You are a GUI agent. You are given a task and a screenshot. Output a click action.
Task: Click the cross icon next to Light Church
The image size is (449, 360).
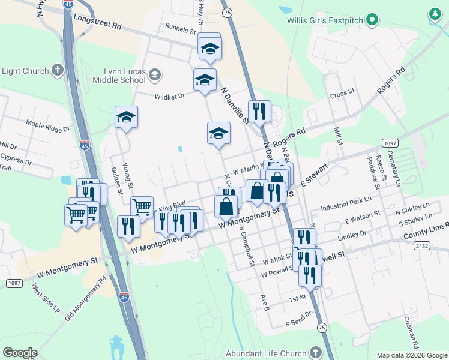coord(58,71)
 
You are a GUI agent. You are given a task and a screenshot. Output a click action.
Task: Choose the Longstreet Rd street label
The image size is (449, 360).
coord(98,23)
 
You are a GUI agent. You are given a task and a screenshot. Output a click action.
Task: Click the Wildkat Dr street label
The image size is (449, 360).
coord(170,95)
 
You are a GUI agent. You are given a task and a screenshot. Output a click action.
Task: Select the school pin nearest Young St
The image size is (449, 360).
coord(127,116)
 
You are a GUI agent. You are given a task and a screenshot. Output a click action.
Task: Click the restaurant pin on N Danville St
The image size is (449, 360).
coord(259,111)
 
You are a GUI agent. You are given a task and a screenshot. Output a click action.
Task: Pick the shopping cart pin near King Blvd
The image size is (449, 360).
coord(142,207)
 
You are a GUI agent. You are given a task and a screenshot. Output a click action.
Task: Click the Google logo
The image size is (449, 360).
coord(20,353)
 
